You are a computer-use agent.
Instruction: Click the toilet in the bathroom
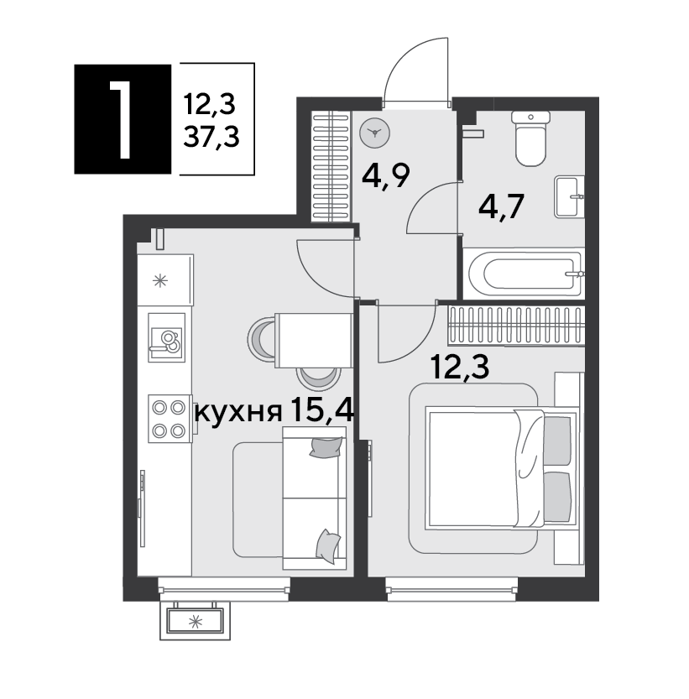click(530, 138)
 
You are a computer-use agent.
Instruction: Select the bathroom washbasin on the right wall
click(569, 196)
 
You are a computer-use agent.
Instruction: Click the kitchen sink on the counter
click(166, 337)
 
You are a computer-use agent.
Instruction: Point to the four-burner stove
click(170, 419)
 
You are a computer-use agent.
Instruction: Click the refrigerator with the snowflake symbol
click(165, 280)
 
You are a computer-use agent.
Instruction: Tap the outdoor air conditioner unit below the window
click(195, 621)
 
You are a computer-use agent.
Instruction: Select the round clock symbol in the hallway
click(374, 133)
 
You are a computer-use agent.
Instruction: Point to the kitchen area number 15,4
click(322, 410)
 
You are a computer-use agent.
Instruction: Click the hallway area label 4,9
click(386, 175)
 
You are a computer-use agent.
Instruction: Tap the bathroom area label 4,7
click(501, 206)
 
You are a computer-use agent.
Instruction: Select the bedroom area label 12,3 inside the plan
click(460, 366)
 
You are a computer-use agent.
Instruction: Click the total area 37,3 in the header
click(211, 137)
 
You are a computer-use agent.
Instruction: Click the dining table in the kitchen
click(314, 340)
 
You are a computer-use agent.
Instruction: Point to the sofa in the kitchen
click(315, 498)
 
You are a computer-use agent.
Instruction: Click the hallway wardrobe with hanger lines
click(331, 166)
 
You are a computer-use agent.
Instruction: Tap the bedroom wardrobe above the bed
click(517, 326)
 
